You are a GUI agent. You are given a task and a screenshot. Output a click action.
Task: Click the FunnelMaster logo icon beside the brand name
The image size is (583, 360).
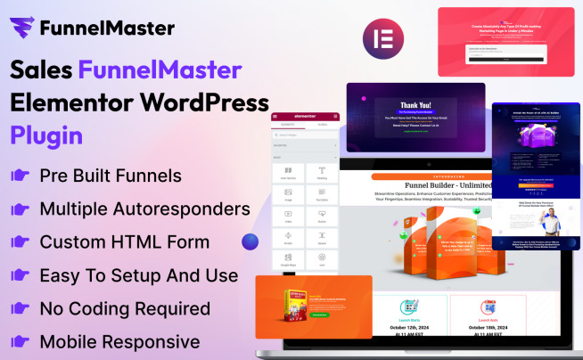point(23,28)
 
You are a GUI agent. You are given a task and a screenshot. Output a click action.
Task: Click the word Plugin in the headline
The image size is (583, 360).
point(46,135)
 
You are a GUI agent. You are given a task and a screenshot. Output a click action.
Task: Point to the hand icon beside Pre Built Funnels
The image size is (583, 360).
point(20,176)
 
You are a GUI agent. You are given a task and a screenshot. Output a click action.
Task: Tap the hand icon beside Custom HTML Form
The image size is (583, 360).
point(20,242)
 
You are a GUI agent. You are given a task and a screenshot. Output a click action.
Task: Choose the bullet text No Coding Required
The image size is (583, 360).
point(125,308)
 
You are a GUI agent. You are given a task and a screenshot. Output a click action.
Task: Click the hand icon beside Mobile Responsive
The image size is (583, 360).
point(20,342)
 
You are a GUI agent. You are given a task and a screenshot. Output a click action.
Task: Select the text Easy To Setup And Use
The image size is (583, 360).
point(138,275)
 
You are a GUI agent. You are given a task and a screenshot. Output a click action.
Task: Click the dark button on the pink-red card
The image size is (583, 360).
point(505,57)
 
